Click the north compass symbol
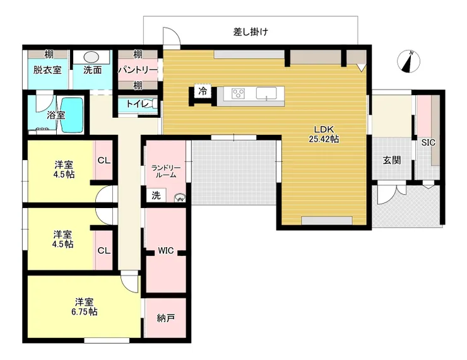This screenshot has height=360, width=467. pyautogui.click(x=409, y=62)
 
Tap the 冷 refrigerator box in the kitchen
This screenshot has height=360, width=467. pyautogui.click(x=203, y=91)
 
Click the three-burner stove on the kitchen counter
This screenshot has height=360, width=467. pyautogui.click(x=239, y=93)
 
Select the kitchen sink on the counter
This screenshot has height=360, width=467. pyautogui.click(x=266, y=93)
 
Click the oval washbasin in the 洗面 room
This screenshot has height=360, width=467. pyautogui.click(x=91, y=57)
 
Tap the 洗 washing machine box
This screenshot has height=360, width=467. pyautogui.click(x=156, y=195)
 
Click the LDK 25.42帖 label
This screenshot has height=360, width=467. pyautogui.click(x=324, y=134)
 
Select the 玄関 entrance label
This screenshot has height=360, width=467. pyautogui.click(x=392, y=160)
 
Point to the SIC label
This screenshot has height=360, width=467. pyautogui.click(x=429, y=143)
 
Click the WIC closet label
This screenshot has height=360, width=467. pyautogui.click(x=165, y=250)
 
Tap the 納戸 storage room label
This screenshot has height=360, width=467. pyautogui.click(x=165, y=318)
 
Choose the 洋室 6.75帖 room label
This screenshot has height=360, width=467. pyautogui.click(x=85, y=307)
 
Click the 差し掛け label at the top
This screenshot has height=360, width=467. pyautogui.click(x=251, y=32)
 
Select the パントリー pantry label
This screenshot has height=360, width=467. pyautogui.click(x=138, y=70)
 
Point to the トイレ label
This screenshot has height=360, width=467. pyautogui.click(x=138, y=104)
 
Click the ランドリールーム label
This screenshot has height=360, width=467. pyautogui.click(x=166, y=171)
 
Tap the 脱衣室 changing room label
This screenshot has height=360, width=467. pyautogui.click(x=47, y=70)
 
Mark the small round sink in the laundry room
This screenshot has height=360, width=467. pyautogui.click(x=180, y=198)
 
